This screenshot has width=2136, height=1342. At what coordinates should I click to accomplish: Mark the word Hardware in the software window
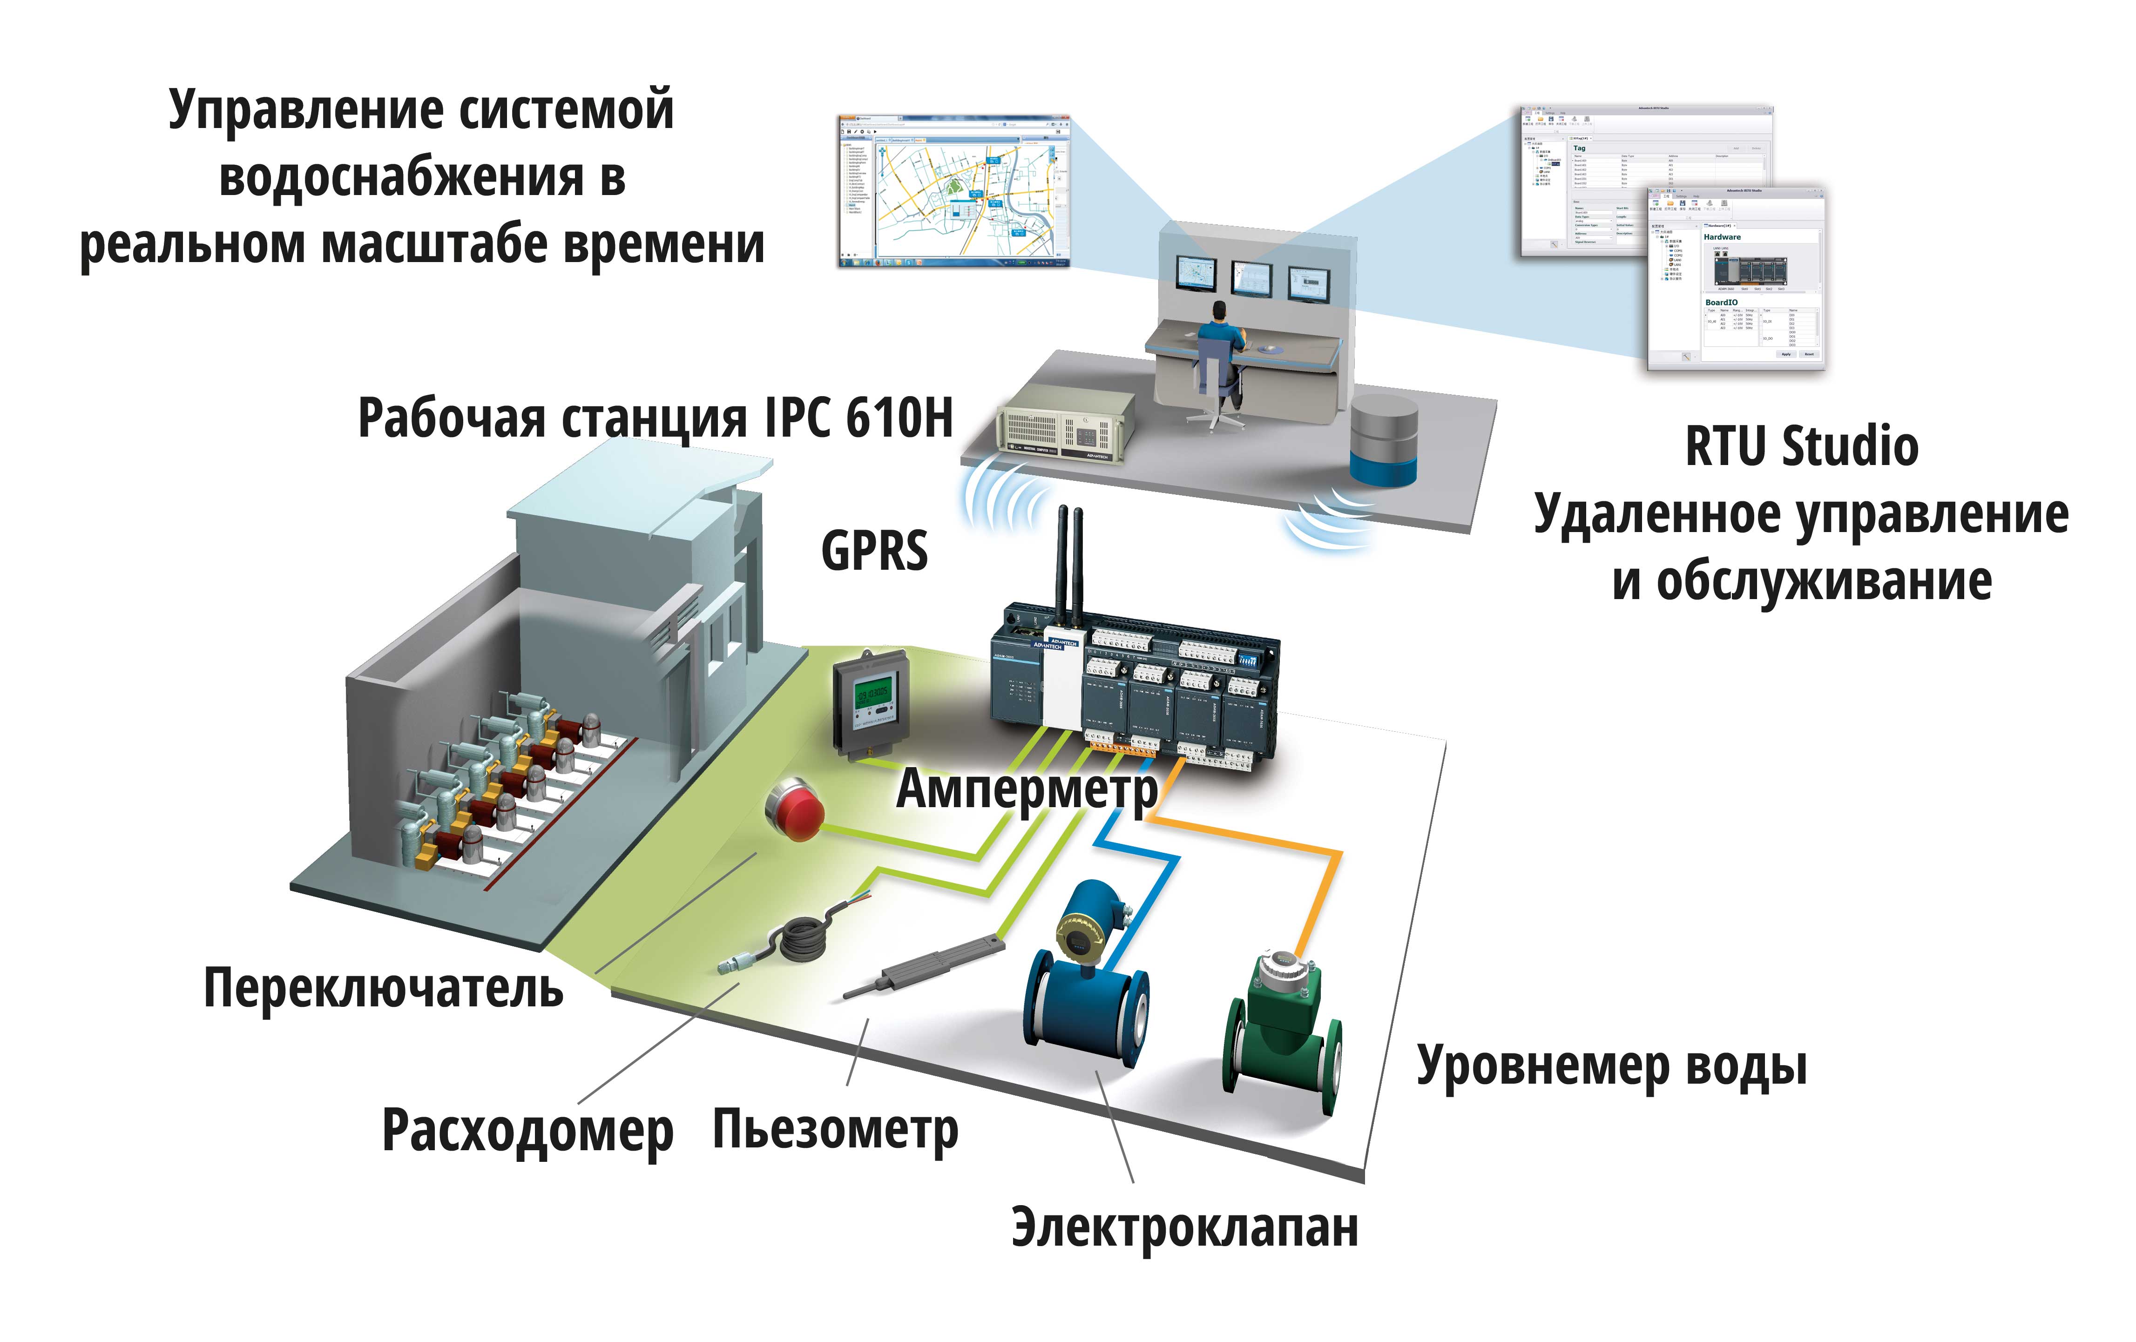coord(1722,237)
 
